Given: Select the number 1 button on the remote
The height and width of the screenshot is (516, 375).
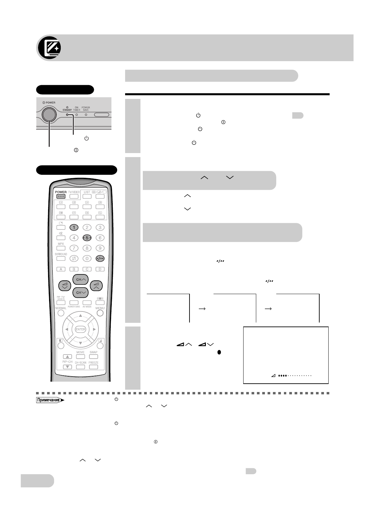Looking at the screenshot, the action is (x=74, y=228).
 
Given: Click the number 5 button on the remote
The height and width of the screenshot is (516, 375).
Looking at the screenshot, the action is (x=87, y=238).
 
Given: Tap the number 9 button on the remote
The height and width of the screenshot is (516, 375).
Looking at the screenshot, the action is (x=100, y=248).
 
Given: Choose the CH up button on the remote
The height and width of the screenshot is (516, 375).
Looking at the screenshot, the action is (x=80, y=279).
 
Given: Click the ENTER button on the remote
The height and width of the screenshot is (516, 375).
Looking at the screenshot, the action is (x=80, y=329).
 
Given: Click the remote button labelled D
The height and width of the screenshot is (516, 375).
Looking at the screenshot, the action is (x=100, y=269).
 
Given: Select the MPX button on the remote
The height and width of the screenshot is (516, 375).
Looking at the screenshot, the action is (x=61, y=248).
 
